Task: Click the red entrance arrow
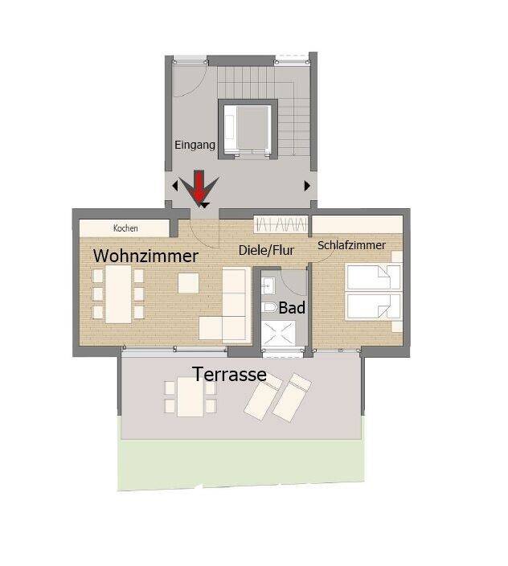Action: point(199,187)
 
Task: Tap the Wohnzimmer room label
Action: point(145,256)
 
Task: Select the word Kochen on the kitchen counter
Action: point(125,228)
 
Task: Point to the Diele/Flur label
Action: point(266,250)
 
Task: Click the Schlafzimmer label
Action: point(351,245)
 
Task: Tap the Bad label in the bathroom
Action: point(292,308)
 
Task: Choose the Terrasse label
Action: point(229,375)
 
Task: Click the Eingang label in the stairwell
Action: point(195,145)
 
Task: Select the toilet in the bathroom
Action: point(269,308)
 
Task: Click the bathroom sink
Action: point(268,286)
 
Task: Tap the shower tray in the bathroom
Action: point(278,334)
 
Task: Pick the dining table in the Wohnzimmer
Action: point(118,294)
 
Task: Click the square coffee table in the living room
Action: point(188,283)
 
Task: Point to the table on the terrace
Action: point(190,396)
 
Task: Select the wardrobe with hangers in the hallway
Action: point(281,224)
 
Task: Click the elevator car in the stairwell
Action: point(248,129)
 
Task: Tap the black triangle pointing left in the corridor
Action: point(175,186)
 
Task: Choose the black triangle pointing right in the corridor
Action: point(307,186)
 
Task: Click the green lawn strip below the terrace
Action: point(241,464)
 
